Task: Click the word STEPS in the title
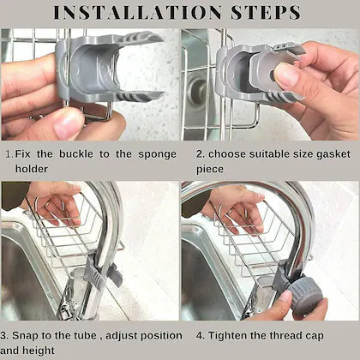(265, 13)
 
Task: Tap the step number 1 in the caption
(8, 154)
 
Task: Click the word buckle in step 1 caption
(81, 154)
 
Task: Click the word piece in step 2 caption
(209, 170)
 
